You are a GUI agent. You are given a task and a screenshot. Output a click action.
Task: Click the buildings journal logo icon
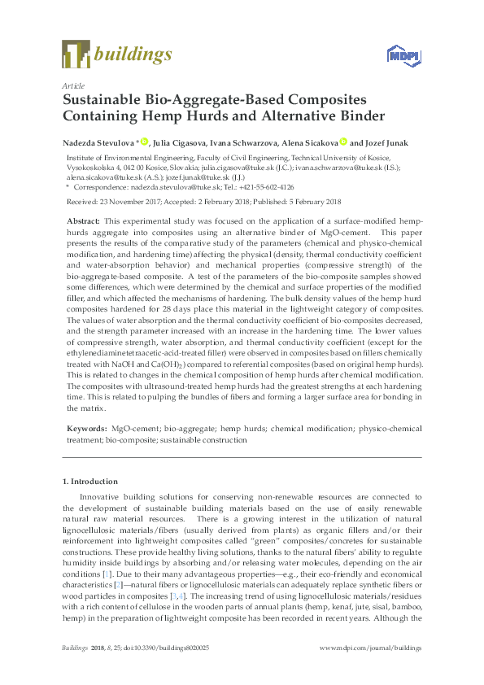tap(76, 55)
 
